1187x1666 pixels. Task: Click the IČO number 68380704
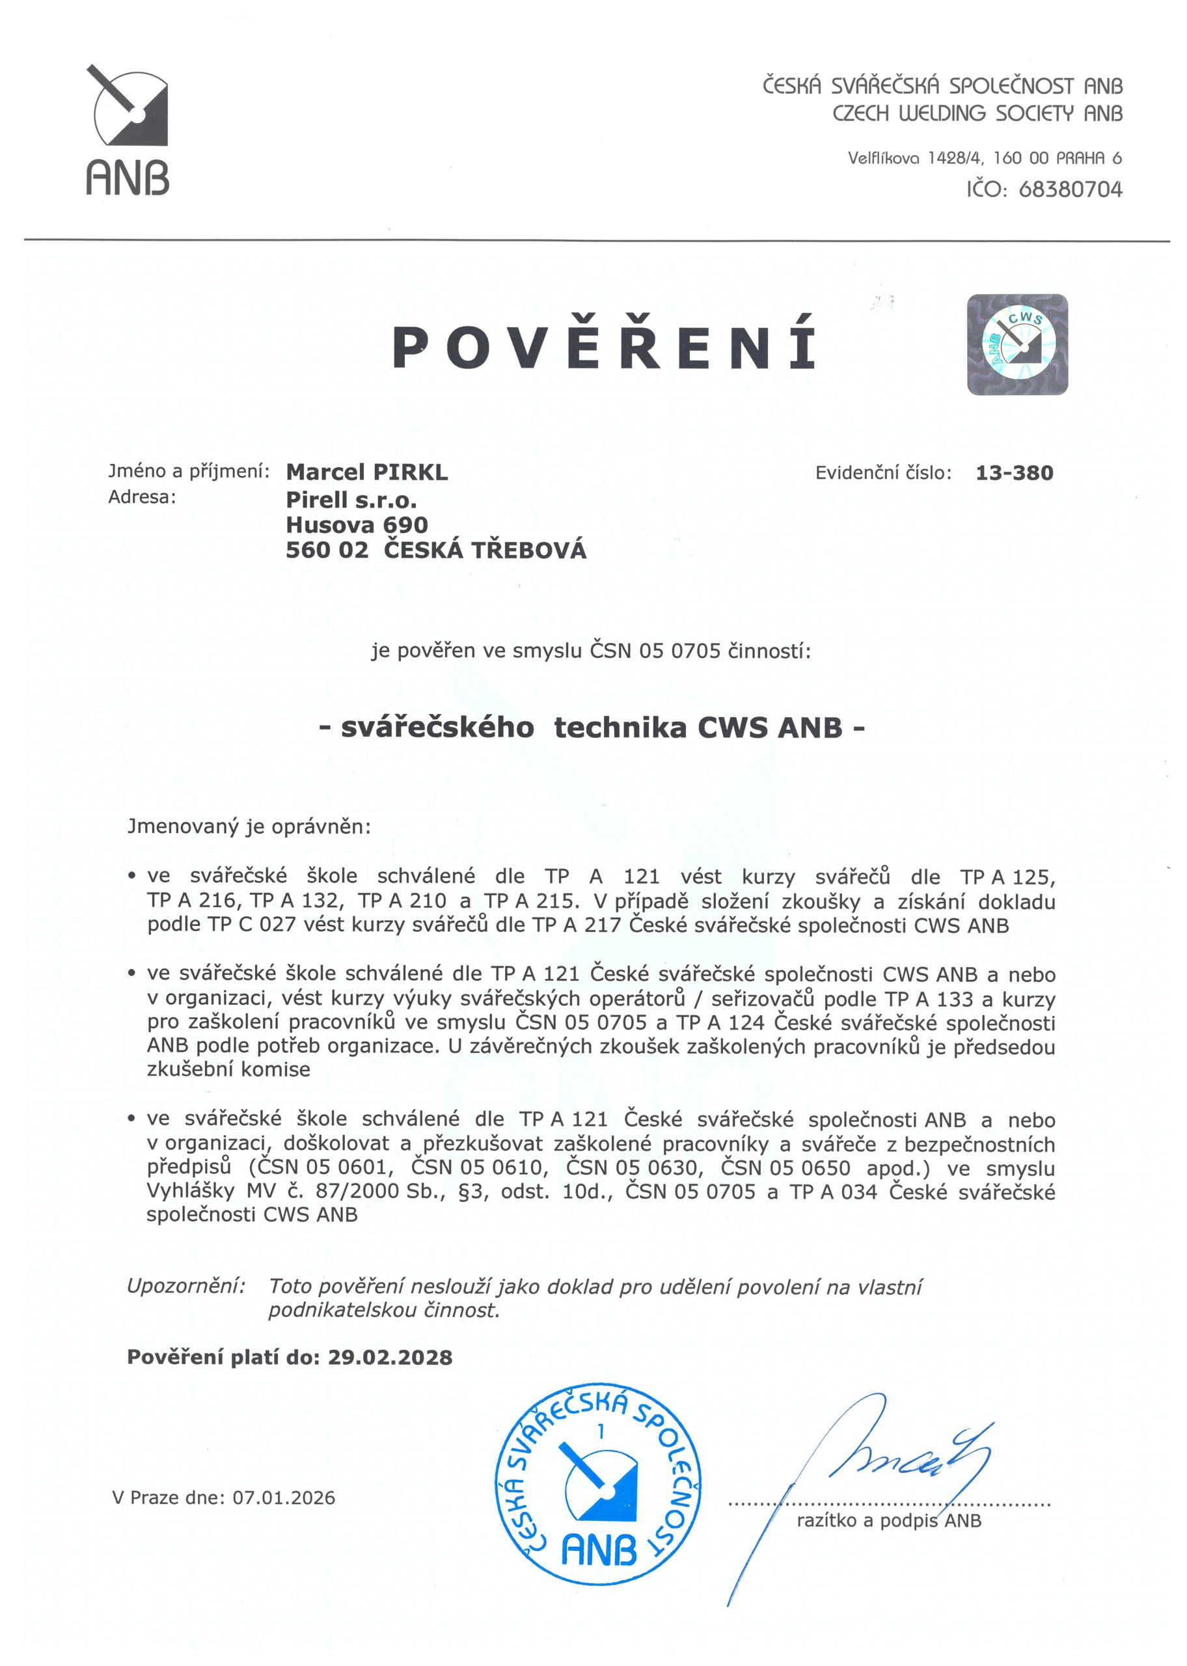pyautogui.click(x=1069, y=190)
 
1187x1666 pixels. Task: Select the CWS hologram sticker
pyautogui.click(x=1016, y=344)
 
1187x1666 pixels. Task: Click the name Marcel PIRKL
pyautogui.click(x=367, y=472)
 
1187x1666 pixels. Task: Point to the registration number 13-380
pyautogui.click(x=1014, y=472)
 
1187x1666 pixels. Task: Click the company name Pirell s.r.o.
pyautogui.click(x=351, y=500)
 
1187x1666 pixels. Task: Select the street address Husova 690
pyautogui.click(x=357, y=525)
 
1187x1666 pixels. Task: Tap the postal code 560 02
pyautogui.click(x=327, y=549)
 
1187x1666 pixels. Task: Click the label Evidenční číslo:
pyautogui.click(x=883, y=472)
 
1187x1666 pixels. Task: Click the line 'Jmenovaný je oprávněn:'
pyautogui.click(x=249, y=826)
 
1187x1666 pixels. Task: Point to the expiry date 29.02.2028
pyautogui.click(x=390, y=1357)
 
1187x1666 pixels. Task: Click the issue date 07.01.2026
pyautogui.click(x=284, y=1497)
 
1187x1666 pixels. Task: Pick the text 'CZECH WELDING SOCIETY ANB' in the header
pyautogui.click(x=977, y=113)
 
